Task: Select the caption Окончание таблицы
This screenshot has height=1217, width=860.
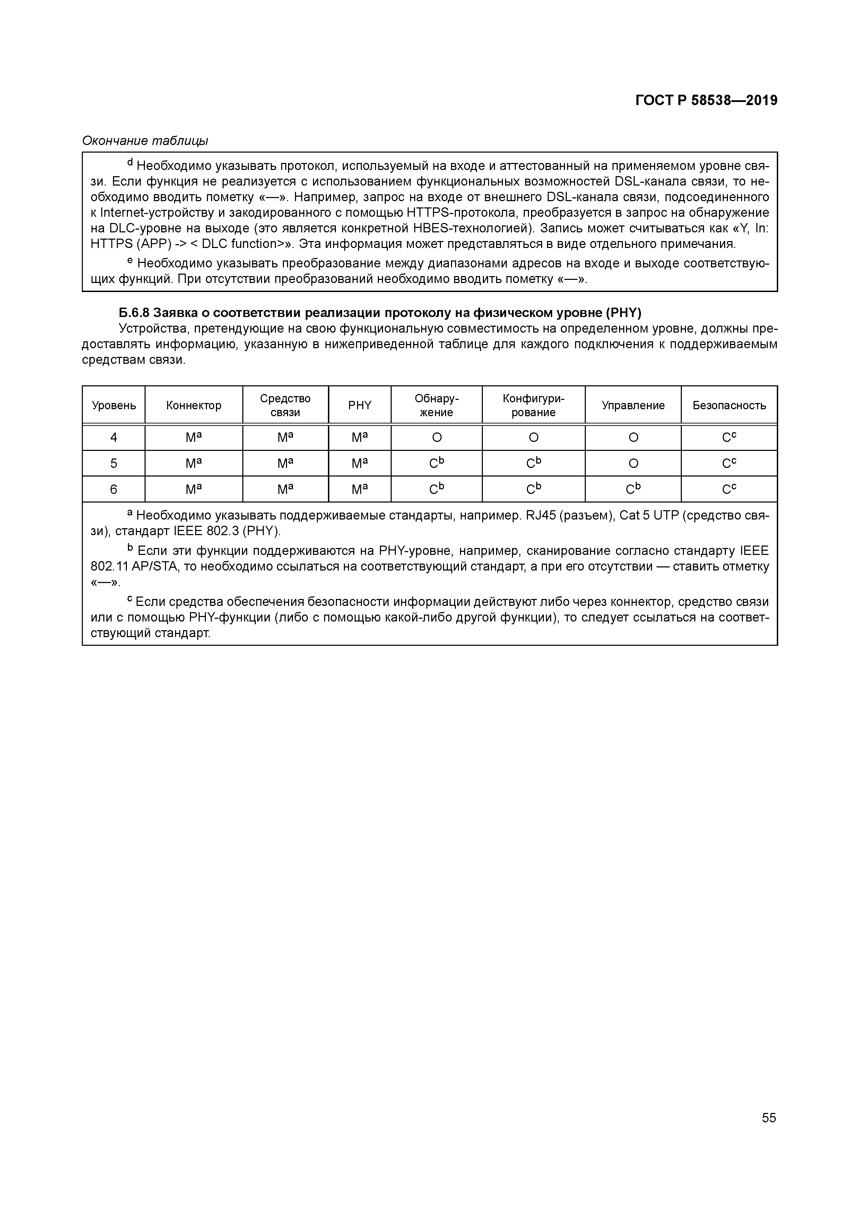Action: pos(145,141)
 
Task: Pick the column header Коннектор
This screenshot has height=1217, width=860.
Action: pos(193,405)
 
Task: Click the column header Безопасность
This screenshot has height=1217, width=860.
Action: pos(729,405)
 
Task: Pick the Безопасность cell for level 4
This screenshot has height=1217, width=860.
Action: pos(729,438)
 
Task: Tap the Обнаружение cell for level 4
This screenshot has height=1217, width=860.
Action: pos(437,438)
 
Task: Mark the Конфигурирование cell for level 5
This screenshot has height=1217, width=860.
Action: pos(533,464)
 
